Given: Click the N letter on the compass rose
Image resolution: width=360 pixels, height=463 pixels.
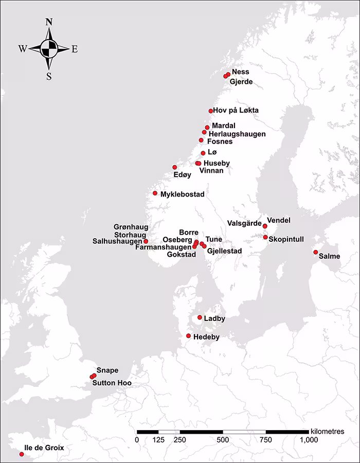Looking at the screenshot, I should pos(49,22).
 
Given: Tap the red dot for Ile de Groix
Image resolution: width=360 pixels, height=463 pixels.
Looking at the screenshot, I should pos(21,454).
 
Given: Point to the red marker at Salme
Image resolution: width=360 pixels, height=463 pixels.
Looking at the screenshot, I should pos(315,252).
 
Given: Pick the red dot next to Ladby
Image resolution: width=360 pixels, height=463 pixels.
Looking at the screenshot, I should pos(200,317).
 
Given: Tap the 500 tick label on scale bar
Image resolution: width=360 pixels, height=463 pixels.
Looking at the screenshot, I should pos(223,440).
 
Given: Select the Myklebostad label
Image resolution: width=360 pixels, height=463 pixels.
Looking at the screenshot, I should pos(183,194).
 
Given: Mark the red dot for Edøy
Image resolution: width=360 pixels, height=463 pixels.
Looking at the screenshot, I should pos(174,167).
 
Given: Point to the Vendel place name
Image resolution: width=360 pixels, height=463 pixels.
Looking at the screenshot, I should pos(279,220).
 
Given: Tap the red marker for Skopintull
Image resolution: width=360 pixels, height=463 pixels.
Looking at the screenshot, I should pos(265,237).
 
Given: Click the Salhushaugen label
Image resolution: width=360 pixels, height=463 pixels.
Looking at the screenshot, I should pos(117,241).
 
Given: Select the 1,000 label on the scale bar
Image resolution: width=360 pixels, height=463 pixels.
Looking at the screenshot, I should pos(309,440).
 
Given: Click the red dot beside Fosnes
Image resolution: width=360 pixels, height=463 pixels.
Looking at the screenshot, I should pos(201,140).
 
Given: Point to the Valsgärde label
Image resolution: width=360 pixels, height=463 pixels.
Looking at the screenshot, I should pos(244,223).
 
